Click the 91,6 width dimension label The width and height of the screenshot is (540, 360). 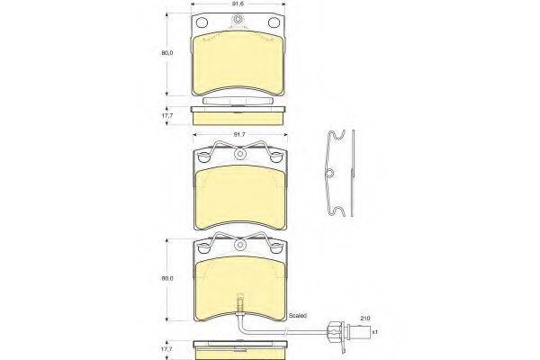238,5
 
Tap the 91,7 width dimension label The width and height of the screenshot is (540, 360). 238,135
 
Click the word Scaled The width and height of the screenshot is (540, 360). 296,316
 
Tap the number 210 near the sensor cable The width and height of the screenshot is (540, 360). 365,318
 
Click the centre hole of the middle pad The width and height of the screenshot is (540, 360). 239,158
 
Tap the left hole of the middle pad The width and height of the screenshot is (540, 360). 202,155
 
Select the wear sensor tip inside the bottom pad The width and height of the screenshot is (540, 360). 238,303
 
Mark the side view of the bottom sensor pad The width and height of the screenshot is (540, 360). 238,345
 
